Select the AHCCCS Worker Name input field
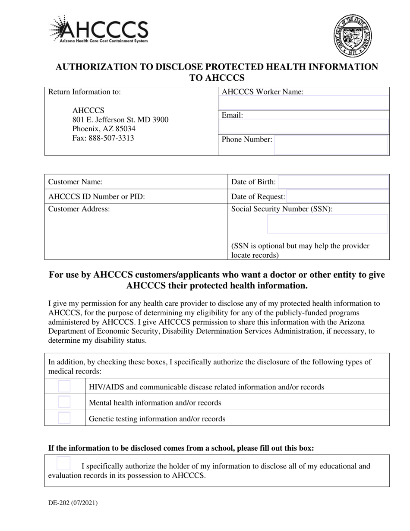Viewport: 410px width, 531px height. [304, 103]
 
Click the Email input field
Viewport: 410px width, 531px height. [304, 126]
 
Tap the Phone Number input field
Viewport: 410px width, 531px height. [331, 145]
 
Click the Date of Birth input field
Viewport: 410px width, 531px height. [334, 182]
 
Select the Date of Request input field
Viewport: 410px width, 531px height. [338, 197]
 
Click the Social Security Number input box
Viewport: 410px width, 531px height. [328, 224]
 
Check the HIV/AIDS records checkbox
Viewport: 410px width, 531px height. [64, 386]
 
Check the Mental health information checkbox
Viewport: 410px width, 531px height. [64, 402]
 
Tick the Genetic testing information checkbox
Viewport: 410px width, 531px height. [64, 418]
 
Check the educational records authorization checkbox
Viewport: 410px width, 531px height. [63, 464]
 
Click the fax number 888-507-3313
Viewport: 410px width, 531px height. [103, 138]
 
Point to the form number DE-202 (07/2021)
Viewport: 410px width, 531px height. [73, 503]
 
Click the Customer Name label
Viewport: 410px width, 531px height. [76, 182]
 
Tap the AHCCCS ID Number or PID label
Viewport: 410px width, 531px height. [97, 197]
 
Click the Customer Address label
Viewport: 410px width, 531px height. [79, 209]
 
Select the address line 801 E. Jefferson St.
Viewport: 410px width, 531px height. [120, 120]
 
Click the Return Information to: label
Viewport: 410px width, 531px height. [85, 92]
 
